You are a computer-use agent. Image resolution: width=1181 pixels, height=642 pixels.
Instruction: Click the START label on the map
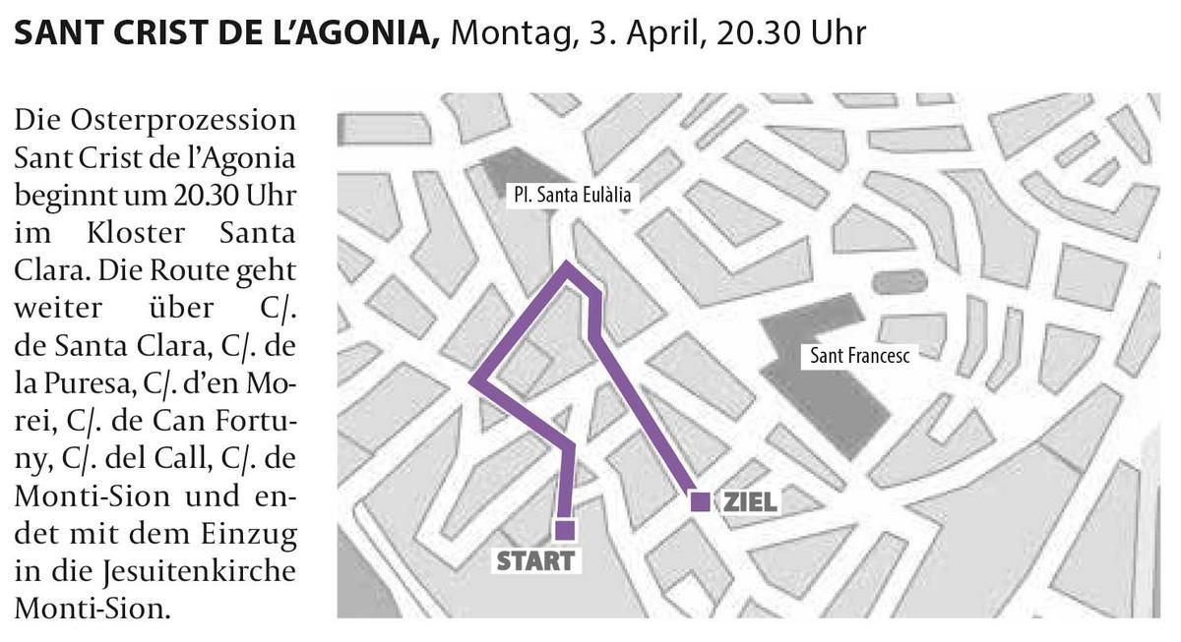coord(534,562)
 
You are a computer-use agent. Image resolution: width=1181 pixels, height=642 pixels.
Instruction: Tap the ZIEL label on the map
coord(751,501)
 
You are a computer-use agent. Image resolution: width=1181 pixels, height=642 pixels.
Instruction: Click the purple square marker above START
coord(564,530)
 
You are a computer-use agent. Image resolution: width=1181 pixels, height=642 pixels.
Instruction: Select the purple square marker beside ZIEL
coord(700,501)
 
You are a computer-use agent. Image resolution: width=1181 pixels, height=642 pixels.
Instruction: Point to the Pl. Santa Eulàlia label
coord(571,195)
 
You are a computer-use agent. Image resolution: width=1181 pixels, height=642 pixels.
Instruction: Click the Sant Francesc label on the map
coord(858,355)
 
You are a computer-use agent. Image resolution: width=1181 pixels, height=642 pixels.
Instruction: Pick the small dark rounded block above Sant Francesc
coord(900,282)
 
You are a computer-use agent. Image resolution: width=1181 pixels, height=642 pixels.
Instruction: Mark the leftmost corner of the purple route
coord(474,381)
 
